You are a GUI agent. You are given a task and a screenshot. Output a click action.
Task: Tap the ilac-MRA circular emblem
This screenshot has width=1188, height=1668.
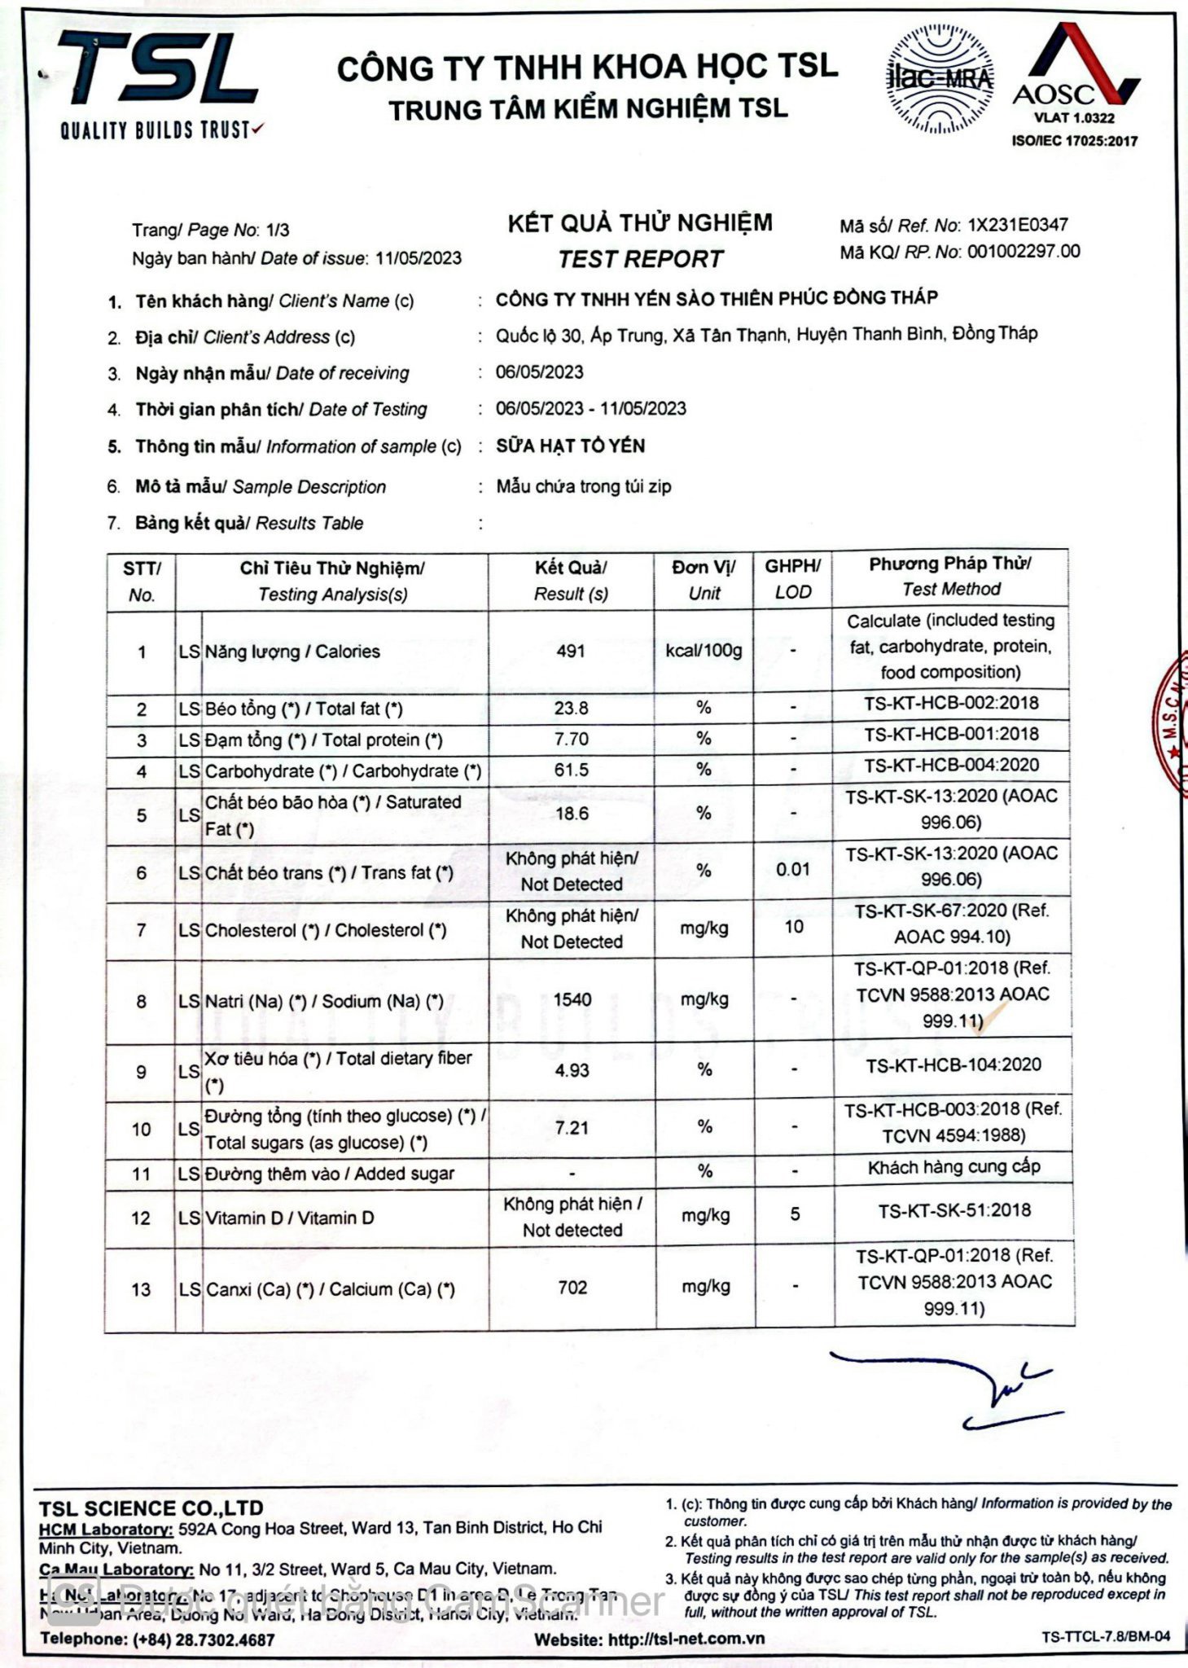[940, 80]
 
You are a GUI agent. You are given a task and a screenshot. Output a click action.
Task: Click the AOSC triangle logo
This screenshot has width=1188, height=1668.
[1074, 69]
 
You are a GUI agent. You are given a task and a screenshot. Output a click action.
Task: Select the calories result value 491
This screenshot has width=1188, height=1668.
[571, 651]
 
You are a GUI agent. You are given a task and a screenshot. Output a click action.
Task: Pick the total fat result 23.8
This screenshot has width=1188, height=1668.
[571, 708]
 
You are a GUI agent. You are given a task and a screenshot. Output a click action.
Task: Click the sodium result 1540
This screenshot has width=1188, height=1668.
[572, 999]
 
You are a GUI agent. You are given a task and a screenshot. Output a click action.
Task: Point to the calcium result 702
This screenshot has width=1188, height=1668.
[572, 1287]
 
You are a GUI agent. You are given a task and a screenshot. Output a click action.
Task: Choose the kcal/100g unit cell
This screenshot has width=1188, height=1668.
[704, 651]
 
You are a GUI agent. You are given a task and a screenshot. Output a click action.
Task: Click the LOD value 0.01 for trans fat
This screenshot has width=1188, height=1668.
[792, 869]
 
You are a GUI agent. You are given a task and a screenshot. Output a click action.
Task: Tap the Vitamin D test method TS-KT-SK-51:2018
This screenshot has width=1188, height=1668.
[953, 1210]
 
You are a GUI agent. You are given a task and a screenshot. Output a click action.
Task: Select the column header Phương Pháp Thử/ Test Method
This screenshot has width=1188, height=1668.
[950, 576]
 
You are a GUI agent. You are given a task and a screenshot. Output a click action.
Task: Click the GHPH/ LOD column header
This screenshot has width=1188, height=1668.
[792, 578]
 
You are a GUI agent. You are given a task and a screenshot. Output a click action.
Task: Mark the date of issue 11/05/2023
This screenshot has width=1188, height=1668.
[418, 258]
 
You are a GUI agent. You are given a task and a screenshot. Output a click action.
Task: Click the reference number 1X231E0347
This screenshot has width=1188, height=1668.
[1017, 225]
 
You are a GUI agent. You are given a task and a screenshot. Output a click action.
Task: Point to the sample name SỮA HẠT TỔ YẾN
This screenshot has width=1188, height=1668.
[570, 446]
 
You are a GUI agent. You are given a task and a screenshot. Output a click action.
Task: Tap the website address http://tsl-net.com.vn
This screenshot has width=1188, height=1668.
[686, 1639]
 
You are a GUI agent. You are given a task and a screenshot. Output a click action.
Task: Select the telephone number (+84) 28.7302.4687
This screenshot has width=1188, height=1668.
[204, 1639]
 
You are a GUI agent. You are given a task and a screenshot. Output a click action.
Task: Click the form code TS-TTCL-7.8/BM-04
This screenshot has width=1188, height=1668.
[1105, 1636]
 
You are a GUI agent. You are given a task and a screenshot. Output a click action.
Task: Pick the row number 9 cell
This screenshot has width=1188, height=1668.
[141, 1071]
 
